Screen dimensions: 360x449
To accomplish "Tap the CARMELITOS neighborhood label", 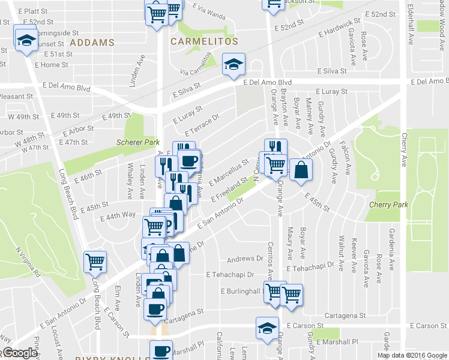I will tap(204, 42).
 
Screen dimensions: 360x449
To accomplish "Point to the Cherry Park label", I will tap(388, 205).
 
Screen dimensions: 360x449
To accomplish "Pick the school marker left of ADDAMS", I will tap(26, 40).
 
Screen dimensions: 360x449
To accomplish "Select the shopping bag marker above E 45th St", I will tap(301, 170).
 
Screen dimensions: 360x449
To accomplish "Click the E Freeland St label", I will tap(228, 188).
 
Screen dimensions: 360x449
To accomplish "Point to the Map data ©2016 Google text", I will tap(411, 355).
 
